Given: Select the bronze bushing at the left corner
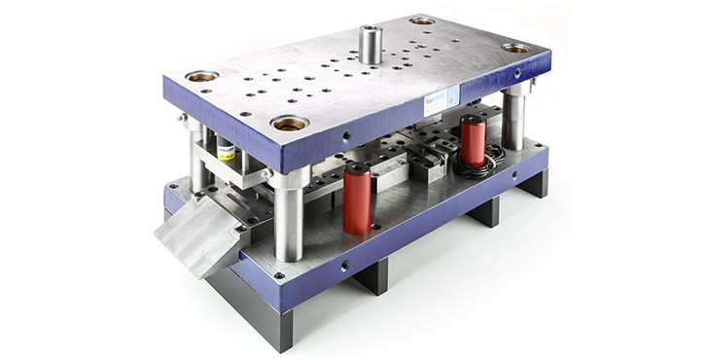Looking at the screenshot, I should [201, 76].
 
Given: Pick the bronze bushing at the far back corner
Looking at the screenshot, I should [422, 20].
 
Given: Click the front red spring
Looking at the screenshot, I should [356, 199].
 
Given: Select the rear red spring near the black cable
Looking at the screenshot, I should [473, 141].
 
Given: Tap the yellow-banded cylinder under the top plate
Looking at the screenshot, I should [226, 150].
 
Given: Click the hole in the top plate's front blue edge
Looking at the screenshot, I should [347, 136].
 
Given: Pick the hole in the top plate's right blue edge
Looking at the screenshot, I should [516, 74].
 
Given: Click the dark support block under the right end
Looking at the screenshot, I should [533, 185].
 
